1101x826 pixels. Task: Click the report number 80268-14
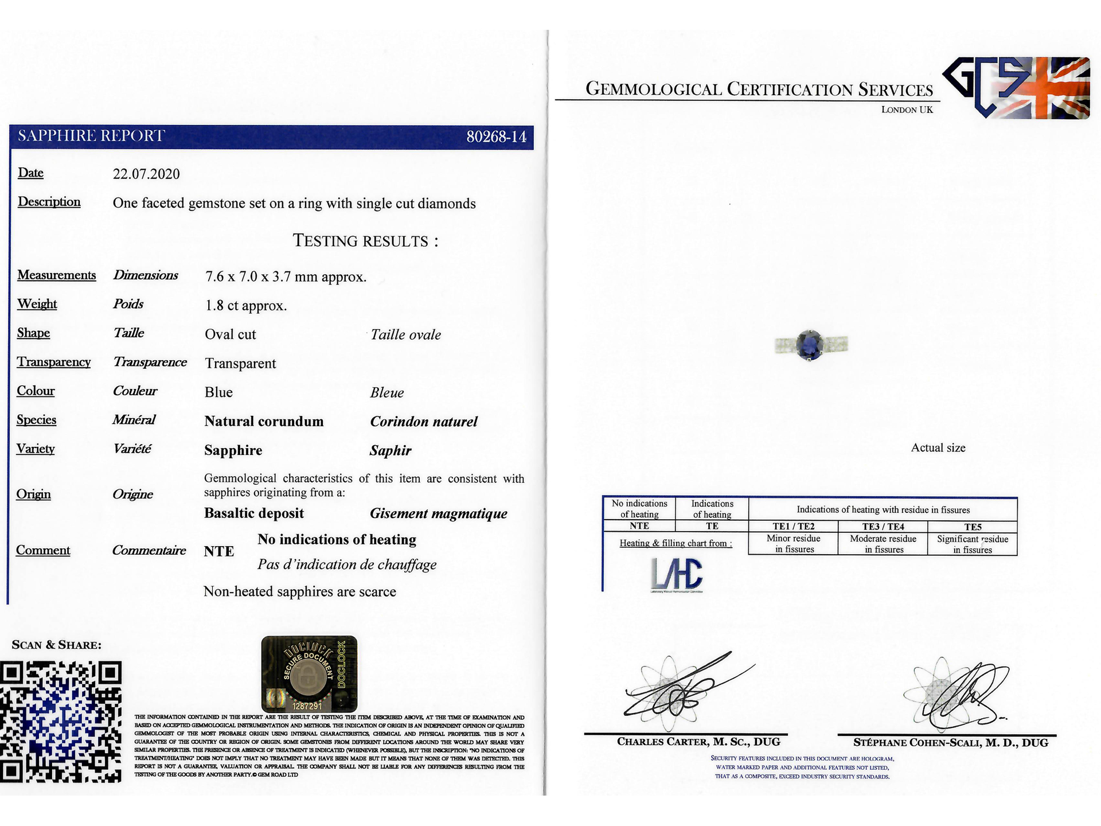point(496,137)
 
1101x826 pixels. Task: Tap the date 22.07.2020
point(146,174)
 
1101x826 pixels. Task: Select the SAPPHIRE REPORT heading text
point(91,136)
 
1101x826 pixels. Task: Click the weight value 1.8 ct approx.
point(246,305)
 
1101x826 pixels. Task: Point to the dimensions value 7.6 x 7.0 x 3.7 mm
point(286,276)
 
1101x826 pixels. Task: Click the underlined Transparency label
point(54,362)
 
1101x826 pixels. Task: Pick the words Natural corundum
point(264,422)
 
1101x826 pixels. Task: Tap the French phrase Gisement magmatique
point(439,513)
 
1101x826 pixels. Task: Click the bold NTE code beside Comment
point(219,551)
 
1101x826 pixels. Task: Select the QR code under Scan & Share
point(61,722)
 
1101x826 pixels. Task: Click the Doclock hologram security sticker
point(309,674)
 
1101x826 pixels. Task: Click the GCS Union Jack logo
point(1016,88)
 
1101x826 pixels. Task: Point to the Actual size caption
point(938,448)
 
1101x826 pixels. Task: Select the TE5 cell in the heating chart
point(973,527)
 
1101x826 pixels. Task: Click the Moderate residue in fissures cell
point(883,544)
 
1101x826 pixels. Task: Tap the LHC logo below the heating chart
point(677,575)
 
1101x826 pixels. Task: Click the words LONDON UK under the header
point(907,110)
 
